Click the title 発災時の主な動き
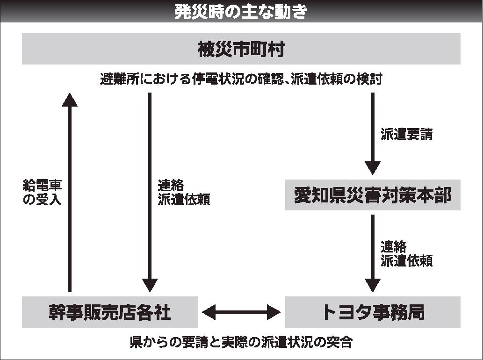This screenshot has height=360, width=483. (x=241, y=11)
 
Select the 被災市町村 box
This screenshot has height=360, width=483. (x=241, y=49)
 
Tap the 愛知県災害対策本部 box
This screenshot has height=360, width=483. (x=373, y=195)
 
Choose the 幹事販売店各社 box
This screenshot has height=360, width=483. (x=110, y=312)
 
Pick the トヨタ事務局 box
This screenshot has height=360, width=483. (x=373, y=312)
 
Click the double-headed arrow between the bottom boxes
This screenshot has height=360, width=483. (x=241, y=312)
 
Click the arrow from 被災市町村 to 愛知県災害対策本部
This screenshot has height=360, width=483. (x=373, y=133)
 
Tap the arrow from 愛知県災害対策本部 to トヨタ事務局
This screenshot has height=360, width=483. (x=373, y=252)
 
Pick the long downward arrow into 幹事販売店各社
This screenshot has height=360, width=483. (x=150, y=192)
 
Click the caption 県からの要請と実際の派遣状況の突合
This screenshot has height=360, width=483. (x=241, y=342)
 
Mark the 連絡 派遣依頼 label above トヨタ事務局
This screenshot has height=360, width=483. (x=406, y=253)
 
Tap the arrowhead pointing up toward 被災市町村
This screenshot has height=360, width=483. (x=70, y=99)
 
